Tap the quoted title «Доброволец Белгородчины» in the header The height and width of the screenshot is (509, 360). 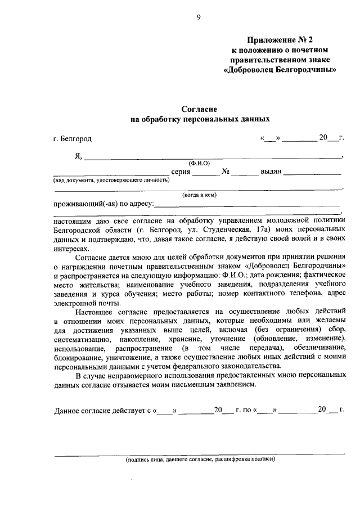click(280, 70)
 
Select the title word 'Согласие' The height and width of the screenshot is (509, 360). click(199, 109)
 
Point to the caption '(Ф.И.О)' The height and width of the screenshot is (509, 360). click(199, 163)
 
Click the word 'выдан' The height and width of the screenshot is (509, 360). click(271, 172)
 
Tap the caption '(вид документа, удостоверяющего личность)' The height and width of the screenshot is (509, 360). click(111, 180)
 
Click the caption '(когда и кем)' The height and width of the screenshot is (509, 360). click(199, 195)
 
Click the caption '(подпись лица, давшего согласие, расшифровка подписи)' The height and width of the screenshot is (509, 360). click(200, 459)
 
